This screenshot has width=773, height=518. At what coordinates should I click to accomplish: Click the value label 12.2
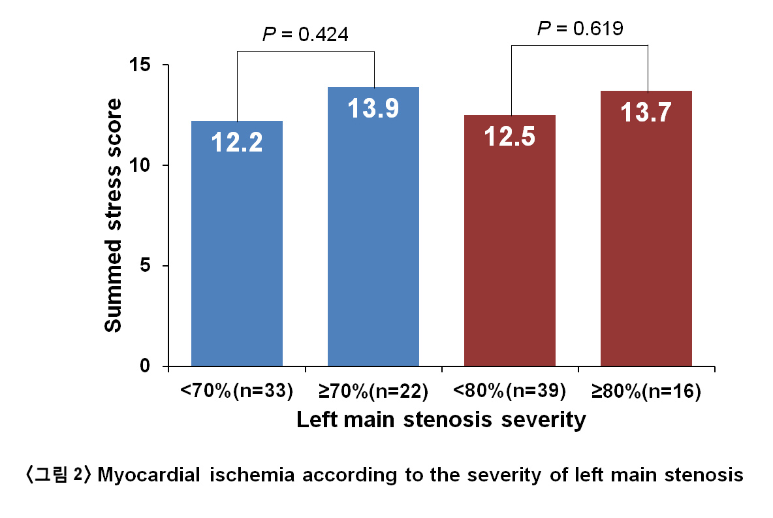click(236, 142)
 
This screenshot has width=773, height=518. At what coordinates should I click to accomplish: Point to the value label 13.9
click(373, 108)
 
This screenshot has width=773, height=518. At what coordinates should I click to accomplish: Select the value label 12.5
click(510, 137)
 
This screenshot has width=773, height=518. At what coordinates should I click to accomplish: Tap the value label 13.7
click(646, 112)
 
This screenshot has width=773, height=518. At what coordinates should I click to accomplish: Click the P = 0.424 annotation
click(305, 34)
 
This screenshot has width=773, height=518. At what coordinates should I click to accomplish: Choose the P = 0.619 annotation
click(580, 28)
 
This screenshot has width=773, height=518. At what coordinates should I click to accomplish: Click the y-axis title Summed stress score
click(114, 216)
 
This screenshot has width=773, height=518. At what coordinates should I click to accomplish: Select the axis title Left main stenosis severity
click(441, 419)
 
